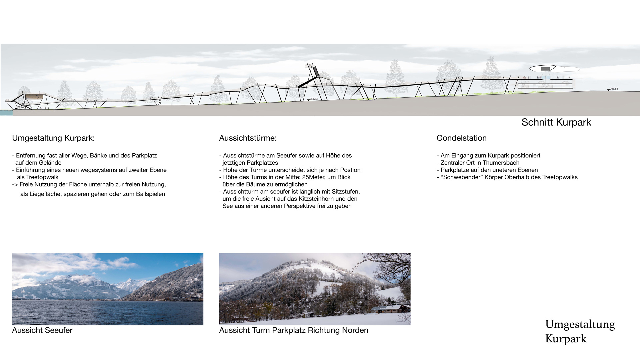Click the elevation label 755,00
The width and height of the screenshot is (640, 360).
pyautogui.click(x=21, y=108)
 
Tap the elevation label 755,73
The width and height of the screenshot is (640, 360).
pyautogui.click(x=314, y=99)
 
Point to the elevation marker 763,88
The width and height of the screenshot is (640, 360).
pyautogui.click(x=614, y=89)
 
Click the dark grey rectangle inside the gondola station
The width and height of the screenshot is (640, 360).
pyautogui.click(x=545, y=69)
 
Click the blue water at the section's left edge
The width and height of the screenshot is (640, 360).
pyautogui.click(x=6, y=113)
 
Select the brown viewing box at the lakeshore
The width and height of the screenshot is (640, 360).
pyautogui.click(x=35, y=97)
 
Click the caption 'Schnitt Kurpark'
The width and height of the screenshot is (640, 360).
pyautogui.click(x=556, y=122)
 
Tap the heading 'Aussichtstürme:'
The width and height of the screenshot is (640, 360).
pyautogui.click(x=248, y=138)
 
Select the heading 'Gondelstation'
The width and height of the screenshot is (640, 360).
pyautogui.click(x=461, y=138)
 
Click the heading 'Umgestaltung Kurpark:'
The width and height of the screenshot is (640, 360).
pyautogui.click(x=53, y=138)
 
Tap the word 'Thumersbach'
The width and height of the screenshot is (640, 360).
pyautogui.click(x=499, y=163)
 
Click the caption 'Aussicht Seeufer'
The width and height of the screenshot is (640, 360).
pyautogui.click(x=42, y=330)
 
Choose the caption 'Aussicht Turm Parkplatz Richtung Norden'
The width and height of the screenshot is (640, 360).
pyautogui.click(x=294, y=330)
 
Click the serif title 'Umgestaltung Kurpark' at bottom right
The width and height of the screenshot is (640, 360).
pyautogui.click(x=580, y=331)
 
